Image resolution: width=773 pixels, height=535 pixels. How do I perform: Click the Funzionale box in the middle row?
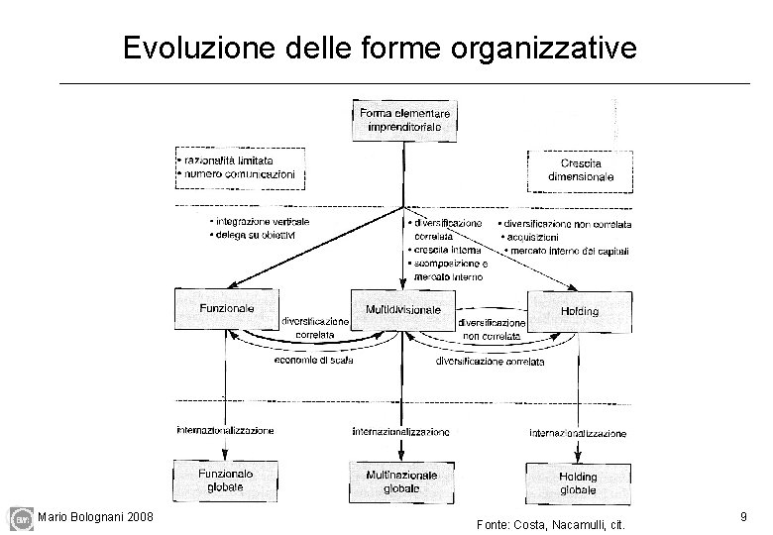226,309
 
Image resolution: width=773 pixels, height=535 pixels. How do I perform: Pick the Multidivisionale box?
402,311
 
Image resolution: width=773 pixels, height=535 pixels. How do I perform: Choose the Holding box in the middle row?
579,311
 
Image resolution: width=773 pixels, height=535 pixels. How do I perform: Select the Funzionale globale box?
226,481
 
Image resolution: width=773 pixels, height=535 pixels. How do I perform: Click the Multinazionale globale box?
402,481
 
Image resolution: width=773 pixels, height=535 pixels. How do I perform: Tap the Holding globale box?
578,482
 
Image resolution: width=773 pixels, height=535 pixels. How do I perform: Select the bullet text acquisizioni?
532,238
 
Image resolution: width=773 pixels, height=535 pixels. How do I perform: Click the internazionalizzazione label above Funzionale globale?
225,430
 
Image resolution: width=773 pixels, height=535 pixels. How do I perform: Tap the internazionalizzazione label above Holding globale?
578,433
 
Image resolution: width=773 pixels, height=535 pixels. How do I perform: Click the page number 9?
742,516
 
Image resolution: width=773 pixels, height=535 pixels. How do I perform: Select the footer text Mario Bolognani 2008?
94,516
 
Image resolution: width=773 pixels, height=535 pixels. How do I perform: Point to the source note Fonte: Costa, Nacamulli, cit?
550,523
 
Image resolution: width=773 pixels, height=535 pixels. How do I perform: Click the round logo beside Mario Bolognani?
21,518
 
